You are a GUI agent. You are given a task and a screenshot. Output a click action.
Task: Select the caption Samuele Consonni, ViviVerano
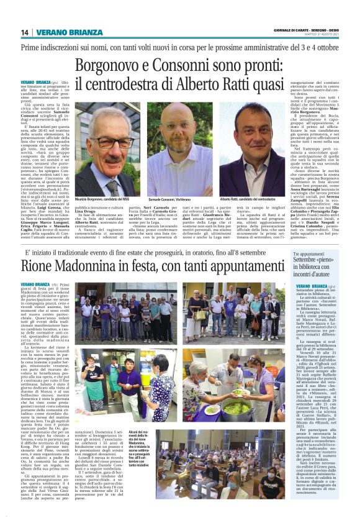click(176, 199)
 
